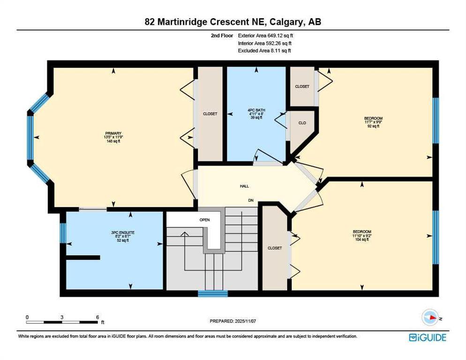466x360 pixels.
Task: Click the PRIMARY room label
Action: coord(113,133)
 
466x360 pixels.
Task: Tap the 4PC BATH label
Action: coord(256,111)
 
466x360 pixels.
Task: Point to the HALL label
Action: coord(244,186)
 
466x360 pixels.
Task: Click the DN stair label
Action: coord(251,201)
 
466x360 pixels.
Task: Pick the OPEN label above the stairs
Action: coord(204,219)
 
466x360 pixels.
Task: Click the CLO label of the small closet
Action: coord(302,123)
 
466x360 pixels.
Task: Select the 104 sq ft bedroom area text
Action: coord(362,239)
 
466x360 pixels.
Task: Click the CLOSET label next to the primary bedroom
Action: coord(210,113)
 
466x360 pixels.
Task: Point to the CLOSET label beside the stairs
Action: coord(274,248)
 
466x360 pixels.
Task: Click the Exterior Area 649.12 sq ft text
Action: coord(266,35)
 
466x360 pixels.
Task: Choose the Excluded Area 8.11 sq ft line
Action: coord(264,51)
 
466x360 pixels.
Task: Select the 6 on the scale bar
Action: coord(97,317)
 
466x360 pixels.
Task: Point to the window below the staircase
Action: coord(212,294)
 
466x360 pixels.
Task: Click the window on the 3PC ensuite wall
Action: coord(62,233)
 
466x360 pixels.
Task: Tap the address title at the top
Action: coord(233,22)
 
